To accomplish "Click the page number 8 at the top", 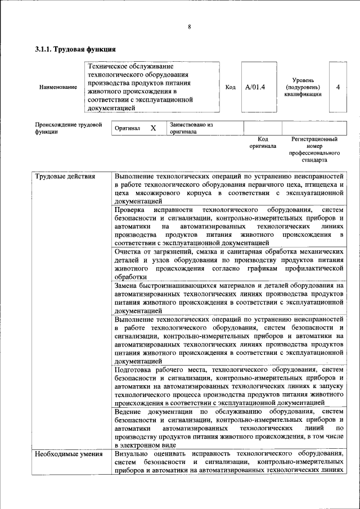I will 190,26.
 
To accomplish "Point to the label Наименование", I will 58,87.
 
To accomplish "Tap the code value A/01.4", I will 255,87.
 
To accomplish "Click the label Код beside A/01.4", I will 230,87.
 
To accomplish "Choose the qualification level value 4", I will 337,87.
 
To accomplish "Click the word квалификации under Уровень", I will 307,94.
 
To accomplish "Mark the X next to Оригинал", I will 153,128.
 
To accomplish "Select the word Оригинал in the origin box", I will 127,128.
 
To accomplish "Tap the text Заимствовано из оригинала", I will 191,128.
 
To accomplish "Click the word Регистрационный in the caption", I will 314,138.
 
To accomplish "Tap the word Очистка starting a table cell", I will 129,253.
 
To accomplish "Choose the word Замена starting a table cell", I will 128,286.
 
